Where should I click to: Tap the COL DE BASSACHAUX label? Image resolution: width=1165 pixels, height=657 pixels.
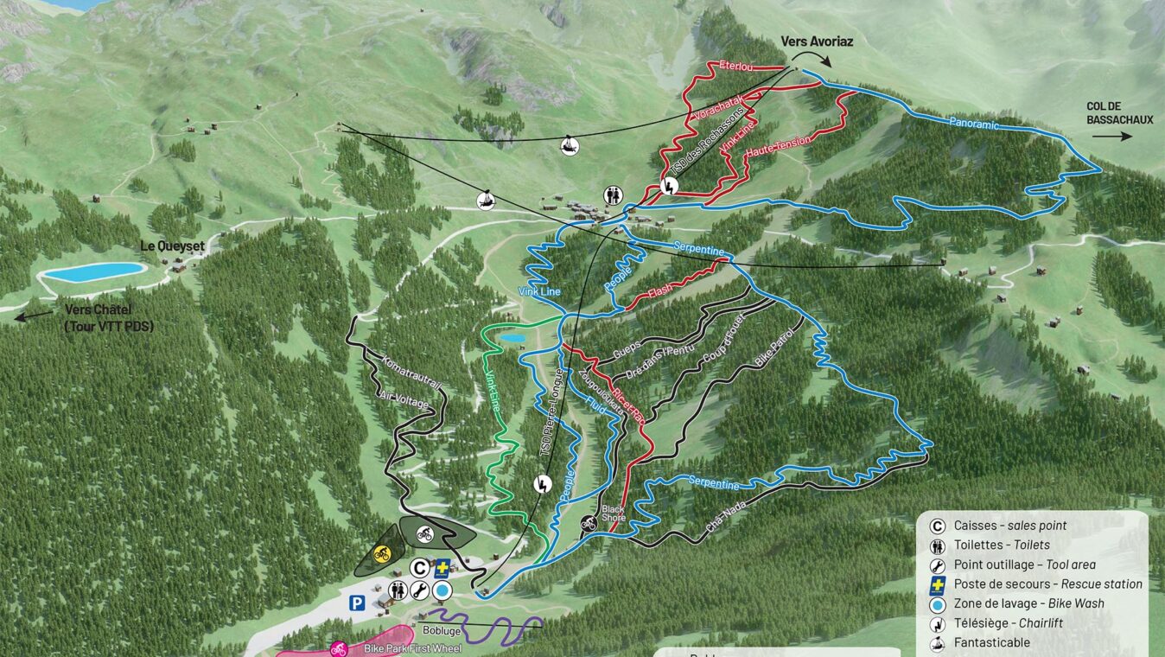click(1119, 113)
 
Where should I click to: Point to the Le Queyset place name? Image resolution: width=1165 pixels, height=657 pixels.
click(173, 246)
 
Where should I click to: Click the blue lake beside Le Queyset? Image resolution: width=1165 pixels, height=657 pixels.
click(95, 271)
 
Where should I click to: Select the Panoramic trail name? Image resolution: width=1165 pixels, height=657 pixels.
click(973, 124)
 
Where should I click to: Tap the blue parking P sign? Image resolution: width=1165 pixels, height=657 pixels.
click(355, 602)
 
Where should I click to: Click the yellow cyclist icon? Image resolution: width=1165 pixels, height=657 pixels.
click(381, 553)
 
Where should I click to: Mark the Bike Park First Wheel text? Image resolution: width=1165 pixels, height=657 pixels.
click(412, 648)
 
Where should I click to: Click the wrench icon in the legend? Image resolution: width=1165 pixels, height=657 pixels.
click(936, 565)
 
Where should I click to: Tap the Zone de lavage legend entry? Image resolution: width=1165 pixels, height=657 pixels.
click(1028, 603)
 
